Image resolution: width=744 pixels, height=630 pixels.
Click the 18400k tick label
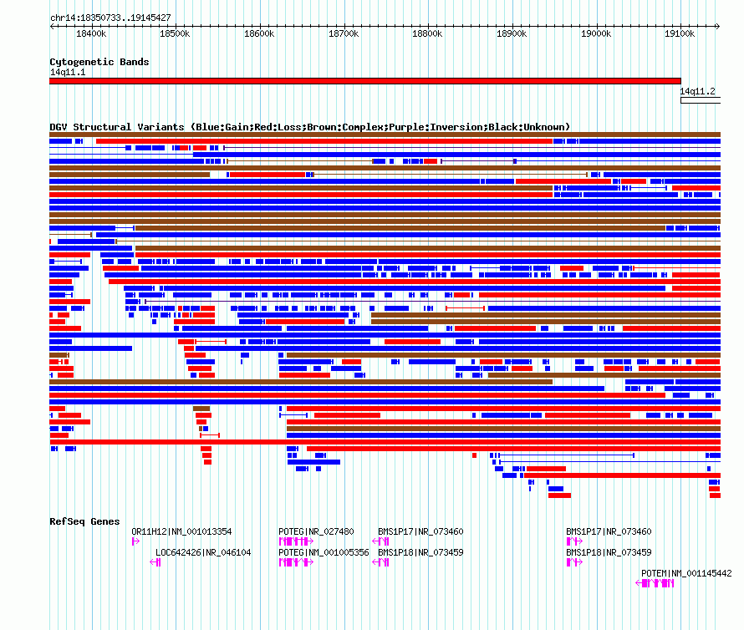pos(91,33)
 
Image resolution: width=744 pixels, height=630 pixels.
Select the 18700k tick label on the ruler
pos(344,33)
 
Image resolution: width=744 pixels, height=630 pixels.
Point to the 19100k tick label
pos(680,33)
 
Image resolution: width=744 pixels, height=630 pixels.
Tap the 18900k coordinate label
pos(512,33)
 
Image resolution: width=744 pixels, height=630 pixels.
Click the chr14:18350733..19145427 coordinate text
pos(110,18)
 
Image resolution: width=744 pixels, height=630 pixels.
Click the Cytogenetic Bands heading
pos(99,62)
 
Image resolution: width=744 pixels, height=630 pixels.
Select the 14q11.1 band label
pos(68,72)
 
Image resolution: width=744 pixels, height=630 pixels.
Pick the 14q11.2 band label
pos(697,91)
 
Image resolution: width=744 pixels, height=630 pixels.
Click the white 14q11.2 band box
pos(701,100)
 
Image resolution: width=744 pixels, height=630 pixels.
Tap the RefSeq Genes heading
pos(84,521)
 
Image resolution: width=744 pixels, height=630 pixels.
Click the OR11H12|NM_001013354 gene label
pos(181,531)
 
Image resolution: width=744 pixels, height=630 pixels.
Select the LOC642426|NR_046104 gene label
pos(203,552)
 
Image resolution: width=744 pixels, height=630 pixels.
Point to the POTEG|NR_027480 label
pos(316,531)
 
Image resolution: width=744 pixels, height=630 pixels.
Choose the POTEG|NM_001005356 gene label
pos(324,552)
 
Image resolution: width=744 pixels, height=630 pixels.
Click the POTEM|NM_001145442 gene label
pos(686,573)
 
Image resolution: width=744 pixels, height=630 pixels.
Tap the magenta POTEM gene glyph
pos(655,583)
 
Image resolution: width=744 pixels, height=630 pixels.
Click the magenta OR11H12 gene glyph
pos(135,541)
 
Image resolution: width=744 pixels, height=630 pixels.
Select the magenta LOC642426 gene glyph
pos(155,562)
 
